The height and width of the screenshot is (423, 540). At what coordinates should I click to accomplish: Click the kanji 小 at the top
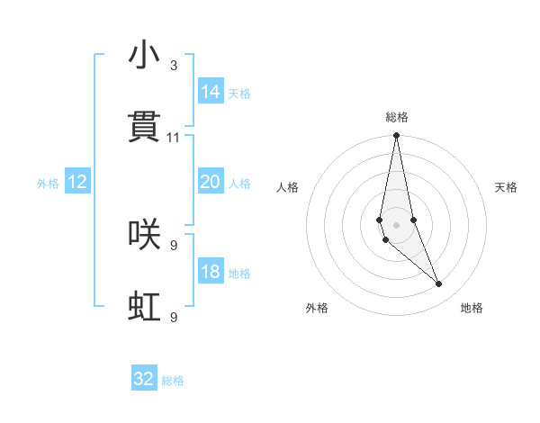pyautogui.click(x=144, y=56)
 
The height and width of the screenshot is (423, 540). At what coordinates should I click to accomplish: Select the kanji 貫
pyautogui.click(x=144, y=127)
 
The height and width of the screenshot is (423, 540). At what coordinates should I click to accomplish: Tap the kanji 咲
pyautogui.click(x=144, y=234)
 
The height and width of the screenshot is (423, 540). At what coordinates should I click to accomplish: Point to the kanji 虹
pyautogui.click(x=144, y=307)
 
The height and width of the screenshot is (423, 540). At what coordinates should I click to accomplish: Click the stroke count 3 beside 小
pyautogui.click(x=174, y=66)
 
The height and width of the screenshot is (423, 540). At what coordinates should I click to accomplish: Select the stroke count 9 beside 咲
pyautogui.click(x=174, y=245)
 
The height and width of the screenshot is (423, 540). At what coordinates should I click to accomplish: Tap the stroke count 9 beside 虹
pyautogui.click(x=174, y=317)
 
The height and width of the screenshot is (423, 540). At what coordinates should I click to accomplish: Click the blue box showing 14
pyautogui.click(x=211, y=92)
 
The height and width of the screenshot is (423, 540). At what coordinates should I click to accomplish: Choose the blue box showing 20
pyautogui.click(x=211, y=182)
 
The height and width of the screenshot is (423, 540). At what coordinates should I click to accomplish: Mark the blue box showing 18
pyautogui.click(x=211, y=272)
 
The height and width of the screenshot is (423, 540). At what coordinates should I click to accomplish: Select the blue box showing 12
pyautogui.click(x=77, y=182)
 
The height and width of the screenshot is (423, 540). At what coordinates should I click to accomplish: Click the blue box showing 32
pyautogui.click(x=144, y=379)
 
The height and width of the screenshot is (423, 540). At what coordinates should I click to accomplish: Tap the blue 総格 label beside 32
pyautogui.click(x=173, y=381)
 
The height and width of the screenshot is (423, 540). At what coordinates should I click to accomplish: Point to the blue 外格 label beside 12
pyautogui.click(x=48, y=184)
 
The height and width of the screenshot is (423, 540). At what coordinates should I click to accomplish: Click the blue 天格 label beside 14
pyautogui.click(x=239, y=94)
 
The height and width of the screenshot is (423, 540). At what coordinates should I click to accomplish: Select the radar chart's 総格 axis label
pyautogui.click(x=397, y=117)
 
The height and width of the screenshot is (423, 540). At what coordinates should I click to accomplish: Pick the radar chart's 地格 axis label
pyautogui.click(x=472, y=308)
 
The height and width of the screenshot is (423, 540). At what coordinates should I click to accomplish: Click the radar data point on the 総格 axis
pyautogui.click(x=396, y=136)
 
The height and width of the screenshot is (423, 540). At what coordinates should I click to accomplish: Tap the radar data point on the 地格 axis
pyautogui.click(x=439, y=284)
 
